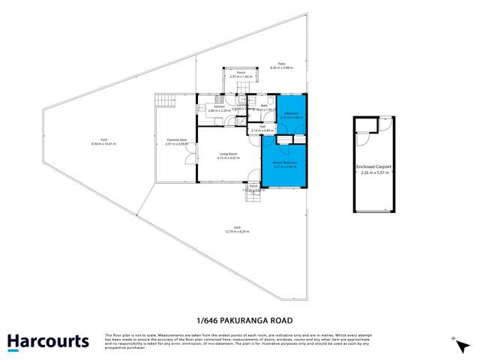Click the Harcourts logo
pyautogui.click(x=48, y=342)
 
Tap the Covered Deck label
pyautogui.click(x=177, y=141)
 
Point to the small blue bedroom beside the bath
pyautogui.click(x=291, y=114)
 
